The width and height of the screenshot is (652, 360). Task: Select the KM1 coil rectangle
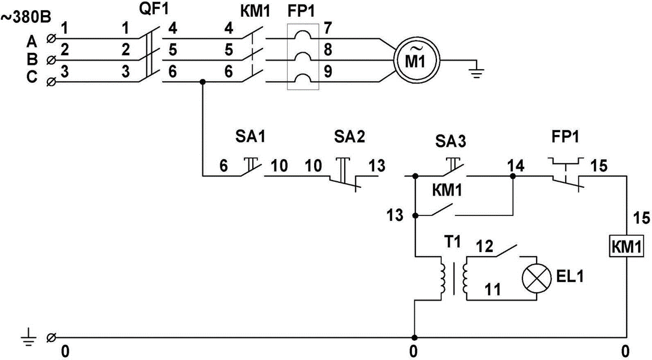pos(626,247)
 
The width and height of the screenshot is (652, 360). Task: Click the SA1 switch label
pos(250,137)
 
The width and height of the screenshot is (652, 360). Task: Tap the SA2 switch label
pos(349,137)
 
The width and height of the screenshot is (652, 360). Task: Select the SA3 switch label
pos(451,142)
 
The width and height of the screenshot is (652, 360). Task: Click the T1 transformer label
pos(452,241)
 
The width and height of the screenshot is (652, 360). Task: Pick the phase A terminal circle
pos(51,39)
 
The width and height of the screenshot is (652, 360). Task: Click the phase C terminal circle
pos(51,82)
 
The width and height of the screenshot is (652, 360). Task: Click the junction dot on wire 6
pos(202,82)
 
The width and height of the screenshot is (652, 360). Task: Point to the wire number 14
pos(516,166)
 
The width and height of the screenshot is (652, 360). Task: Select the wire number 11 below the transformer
pos(493,289)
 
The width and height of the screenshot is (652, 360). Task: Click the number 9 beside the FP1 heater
pos(328,72)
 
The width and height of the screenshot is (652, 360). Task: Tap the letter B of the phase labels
pos(32,59)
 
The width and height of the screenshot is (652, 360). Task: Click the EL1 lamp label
pos(570,276)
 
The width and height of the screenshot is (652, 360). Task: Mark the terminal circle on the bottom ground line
pos(51,338)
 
